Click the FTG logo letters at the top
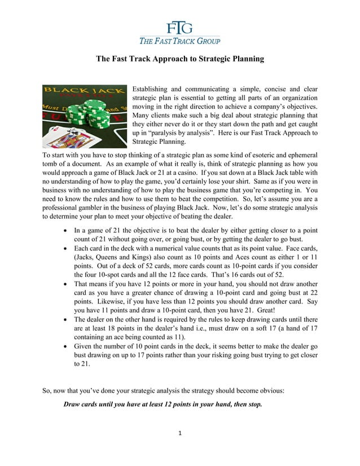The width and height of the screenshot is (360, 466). [179, 27]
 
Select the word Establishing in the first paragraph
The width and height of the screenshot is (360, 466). [150, 90]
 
